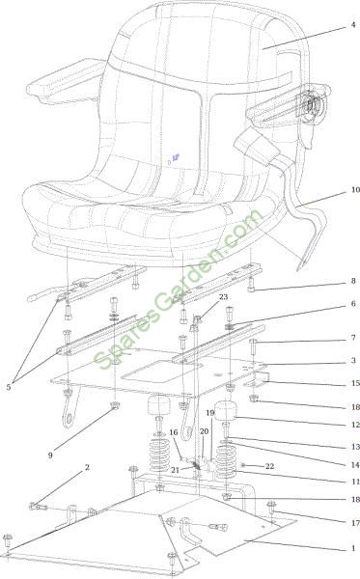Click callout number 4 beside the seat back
353,25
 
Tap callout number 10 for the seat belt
355,189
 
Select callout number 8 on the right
353,281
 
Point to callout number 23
223,297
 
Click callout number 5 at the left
8,387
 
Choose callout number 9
50,455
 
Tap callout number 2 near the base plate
87,467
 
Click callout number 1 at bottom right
353,548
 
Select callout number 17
355,523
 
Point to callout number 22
270,466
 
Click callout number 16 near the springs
174,432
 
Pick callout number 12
355,425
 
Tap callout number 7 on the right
353,338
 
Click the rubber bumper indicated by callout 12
226,410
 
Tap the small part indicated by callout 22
243,464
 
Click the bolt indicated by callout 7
253,346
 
